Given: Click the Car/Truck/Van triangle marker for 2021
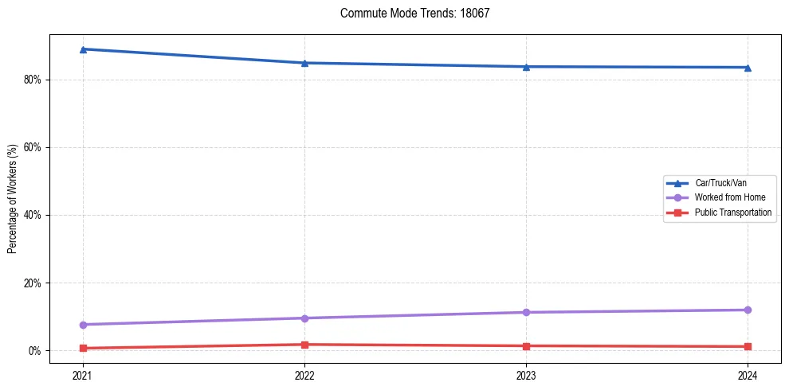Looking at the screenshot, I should click(x=83, y=49).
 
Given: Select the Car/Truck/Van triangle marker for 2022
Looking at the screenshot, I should click(x=304, y=63).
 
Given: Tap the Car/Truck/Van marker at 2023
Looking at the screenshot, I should click(x=526, y=67).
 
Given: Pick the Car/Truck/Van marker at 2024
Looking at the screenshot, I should click(x=748, y=68).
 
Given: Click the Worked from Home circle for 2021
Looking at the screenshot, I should click(x=83, y=325).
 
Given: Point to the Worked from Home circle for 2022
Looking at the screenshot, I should click(x=304, y=318).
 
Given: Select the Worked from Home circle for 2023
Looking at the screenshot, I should click(x=526, y=312).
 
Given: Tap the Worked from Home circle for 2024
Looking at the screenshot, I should click(x=748, y=310).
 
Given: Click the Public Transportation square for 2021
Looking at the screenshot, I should click(x=83, y=348).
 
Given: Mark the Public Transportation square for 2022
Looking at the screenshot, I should click(x=304, y=345).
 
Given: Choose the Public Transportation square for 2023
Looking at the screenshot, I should click(x=526, y=346).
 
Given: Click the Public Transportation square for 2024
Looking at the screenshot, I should click(x=748, y=347).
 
